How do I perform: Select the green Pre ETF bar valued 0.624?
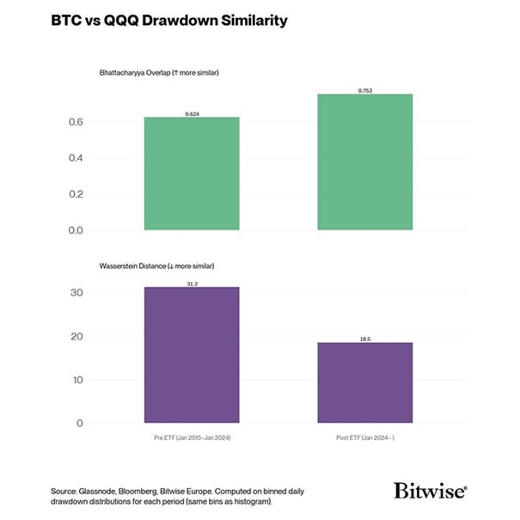pyautogui.click(x=192, y=174)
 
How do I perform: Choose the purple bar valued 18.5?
pyautogui.click(x=365, y=382)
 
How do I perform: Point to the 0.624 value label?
pyautogui.click(x=192, y=113)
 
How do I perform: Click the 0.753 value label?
pyautogui.click(x=365, y=90)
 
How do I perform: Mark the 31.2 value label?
pyautogui.click(x=192, y=283)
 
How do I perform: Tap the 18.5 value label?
pyautogui.click(x=365, y=339)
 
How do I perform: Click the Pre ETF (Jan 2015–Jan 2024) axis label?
pyautogui.click(x=192, y=437)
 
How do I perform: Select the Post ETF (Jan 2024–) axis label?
pyautogui.click(x=365, y=437)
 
